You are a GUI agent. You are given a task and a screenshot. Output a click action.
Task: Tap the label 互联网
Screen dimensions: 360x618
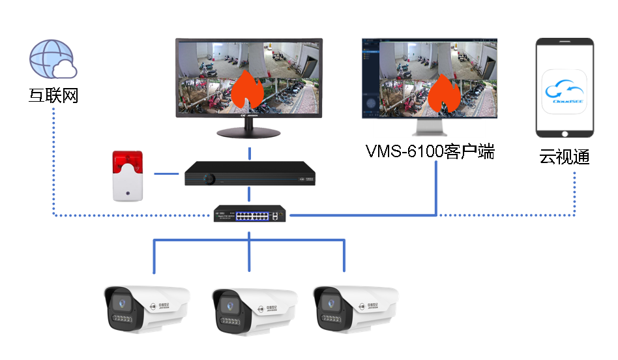click(x=53, y=96)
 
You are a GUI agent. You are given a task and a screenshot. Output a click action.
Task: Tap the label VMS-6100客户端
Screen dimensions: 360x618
click(x=430, y=153)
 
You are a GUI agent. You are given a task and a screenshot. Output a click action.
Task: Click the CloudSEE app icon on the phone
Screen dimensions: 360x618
click(x=565, y=93)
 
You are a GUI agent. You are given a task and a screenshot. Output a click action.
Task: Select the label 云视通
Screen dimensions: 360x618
click(x=564, y=157)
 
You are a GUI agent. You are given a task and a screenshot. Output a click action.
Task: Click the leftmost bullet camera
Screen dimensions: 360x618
click(x=146, y=308)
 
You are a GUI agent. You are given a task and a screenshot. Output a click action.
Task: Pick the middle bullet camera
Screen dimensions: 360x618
click(x=253, y=309)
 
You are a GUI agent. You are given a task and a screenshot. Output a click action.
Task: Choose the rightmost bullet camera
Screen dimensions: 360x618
click(x=354, y=308)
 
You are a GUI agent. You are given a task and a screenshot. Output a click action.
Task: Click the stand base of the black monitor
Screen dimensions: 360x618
click(x=249, y=132)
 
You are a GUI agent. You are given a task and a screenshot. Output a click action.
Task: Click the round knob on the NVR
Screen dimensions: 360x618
click(x=209, y=177)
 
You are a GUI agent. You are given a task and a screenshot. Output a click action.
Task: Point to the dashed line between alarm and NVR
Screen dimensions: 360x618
click(x=166, y=174)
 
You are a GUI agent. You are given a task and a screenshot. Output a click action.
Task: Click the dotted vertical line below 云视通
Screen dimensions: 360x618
click(x=576, y=192)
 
